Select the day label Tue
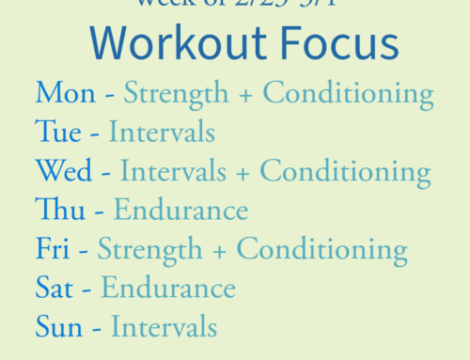[x=58, y=132]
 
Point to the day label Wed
[x=64, y=171]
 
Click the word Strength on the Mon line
[x=176, y=93]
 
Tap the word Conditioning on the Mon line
[x=348, y=93]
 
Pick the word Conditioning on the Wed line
[x=345, y=171]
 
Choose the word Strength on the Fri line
[x=149, y=249]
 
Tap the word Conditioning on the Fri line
[x=321, y=249]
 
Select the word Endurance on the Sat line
[x=168, y=288]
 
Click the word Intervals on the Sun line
[x=164, y=327]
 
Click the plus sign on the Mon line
[x=244, y=94]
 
